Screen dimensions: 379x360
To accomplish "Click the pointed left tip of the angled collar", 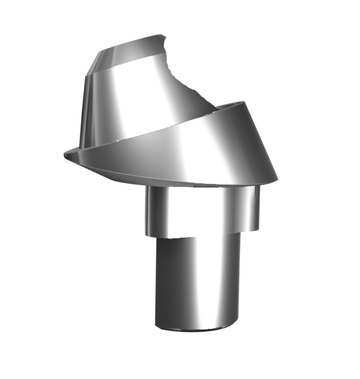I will click(x=65, y=152).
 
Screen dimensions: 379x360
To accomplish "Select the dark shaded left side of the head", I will click(x=90, y=108).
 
